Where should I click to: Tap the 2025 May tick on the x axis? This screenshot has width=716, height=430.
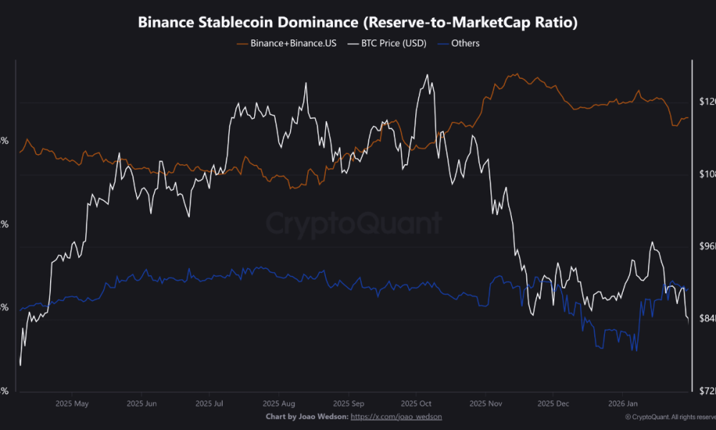[x=72, y=403]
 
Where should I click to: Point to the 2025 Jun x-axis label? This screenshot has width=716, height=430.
[x=141, y=403]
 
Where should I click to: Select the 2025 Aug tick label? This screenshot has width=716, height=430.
[x=278, y=403]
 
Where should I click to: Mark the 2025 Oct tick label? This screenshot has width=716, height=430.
[x=415, y=403]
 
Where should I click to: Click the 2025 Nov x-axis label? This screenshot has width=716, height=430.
[x=485, y=403]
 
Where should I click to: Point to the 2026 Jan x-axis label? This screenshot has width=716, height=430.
[x=621, y=403]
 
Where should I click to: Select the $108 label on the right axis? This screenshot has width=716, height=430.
[x=706, y=174]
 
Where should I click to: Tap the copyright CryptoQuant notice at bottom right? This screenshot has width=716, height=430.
[x=669, y=416]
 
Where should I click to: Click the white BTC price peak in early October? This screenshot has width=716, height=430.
[x=427, y=75]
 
